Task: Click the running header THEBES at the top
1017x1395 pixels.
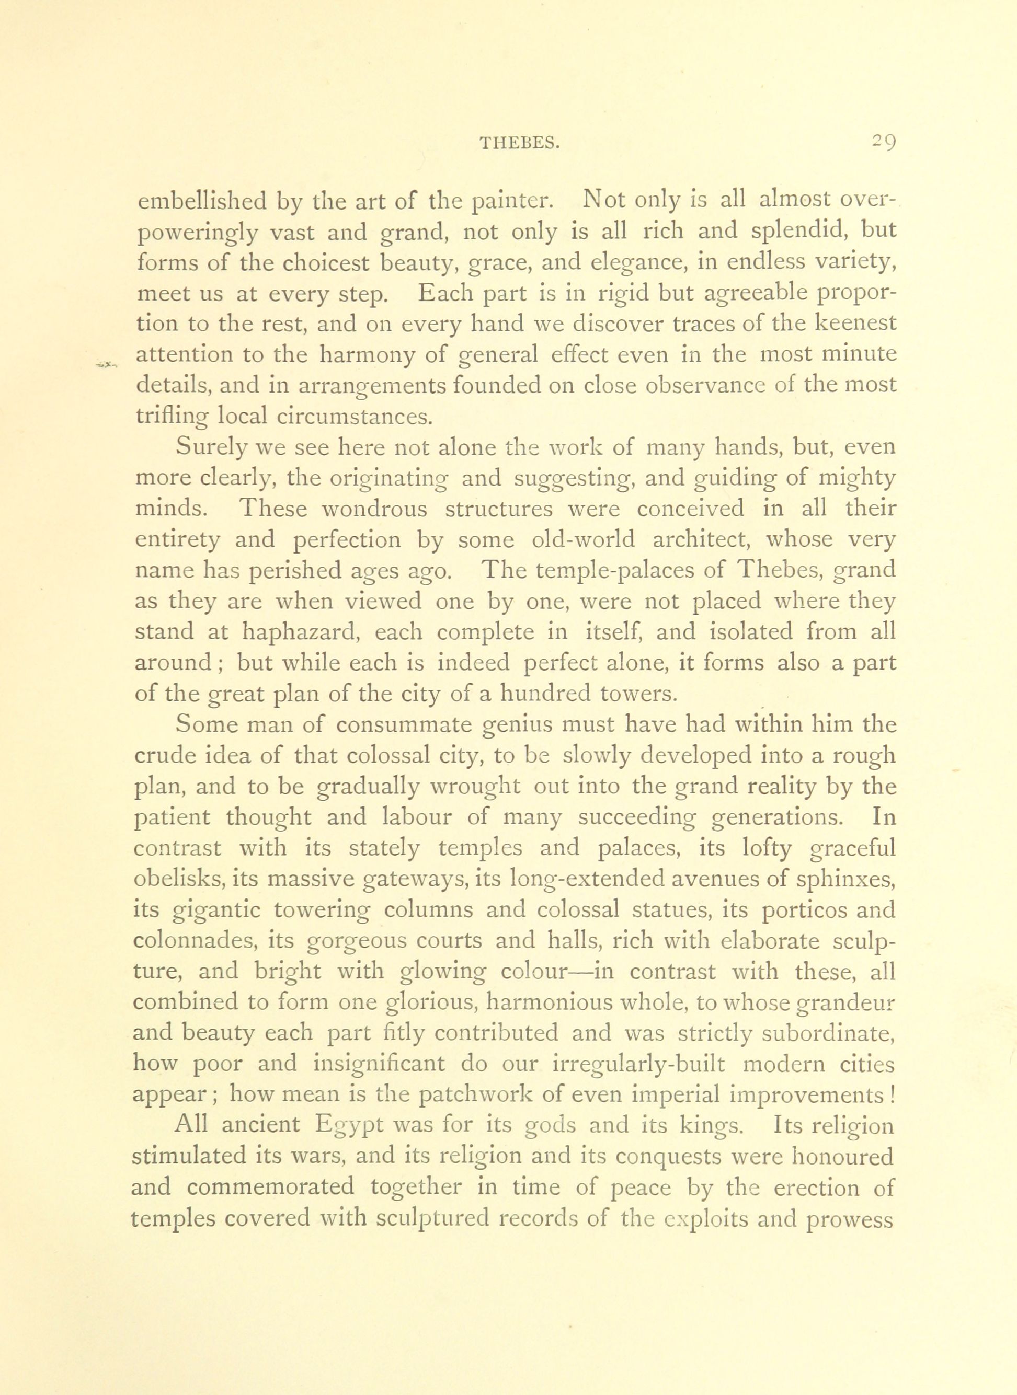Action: pos(519,143)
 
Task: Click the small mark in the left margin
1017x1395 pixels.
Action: pos(106,364)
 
